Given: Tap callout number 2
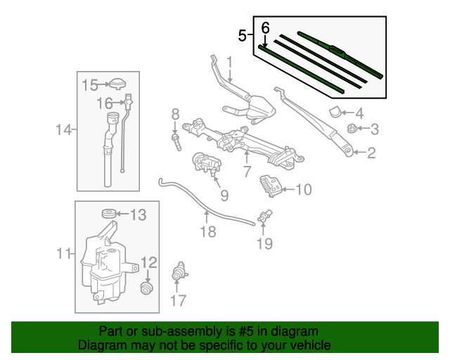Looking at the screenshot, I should (371, 153).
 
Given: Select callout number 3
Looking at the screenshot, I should (375, 129).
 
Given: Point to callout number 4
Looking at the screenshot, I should (359, 112).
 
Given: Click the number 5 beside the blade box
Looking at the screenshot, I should (243, 35).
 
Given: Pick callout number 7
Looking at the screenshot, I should (247, 172).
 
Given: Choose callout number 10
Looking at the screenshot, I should (303, 189).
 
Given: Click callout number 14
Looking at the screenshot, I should (64, 129).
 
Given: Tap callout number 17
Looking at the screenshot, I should (178, 302).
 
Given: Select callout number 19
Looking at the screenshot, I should (264, 244).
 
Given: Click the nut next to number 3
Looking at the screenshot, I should (349, 128).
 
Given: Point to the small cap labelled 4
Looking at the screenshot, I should (336, 111).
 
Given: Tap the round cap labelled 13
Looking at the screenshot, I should (109, 214).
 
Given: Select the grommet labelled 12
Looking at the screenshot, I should (148, 289).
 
